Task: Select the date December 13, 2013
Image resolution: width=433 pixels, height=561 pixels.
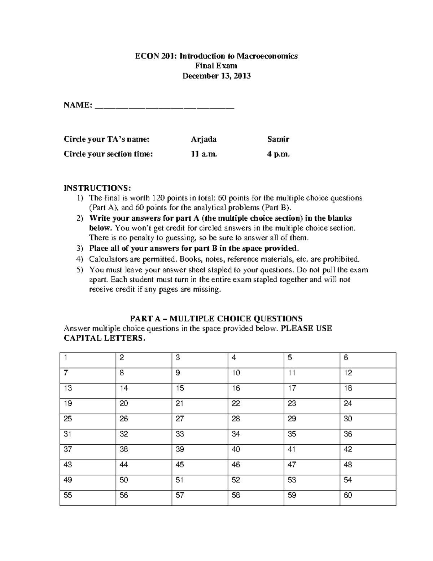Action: pyautogui.click(x=216, y=76)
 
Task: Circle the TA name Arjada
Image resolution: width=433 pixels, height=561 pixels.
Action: pyautogui.click(x=204, y=139)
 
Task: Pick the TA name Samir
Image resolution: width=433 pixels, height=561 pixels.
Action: pyautogui.click(x=278, y=139)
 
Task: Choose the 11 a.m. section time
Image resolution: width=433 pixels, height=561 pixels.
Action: pyautogui.click(x=204, y=154)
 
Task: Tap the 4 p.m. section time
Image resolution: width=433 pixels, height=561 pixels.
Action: pyautogui.click(x=278, y=154)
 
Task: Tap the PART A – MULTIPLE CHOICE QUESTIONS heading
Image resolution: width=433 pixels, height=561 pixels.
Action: pyautogui.click(x=216, y=319)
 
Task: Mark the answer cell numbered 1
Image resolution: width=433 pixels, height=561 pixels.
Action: pyautogui.click(x=88, y=360)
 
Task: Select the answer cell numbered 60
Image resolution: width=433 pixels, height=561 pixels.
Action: pyautogui.click(x=368, y=498)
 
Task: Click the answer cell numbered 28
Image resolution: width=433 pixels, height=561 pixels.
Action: pyautogui.click(x=256, y=421)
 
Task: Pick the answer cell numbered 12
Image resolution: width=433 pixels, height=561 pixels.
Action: pyautogui.click(x=368, y=375)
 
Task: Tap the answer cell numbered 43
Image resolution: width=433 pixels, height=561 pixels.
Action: pyautogui.click(x=88, y=467)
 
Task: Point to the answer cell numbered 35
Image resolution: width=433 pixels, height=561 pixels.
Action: pyautogui.click(x=312, y=437)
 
